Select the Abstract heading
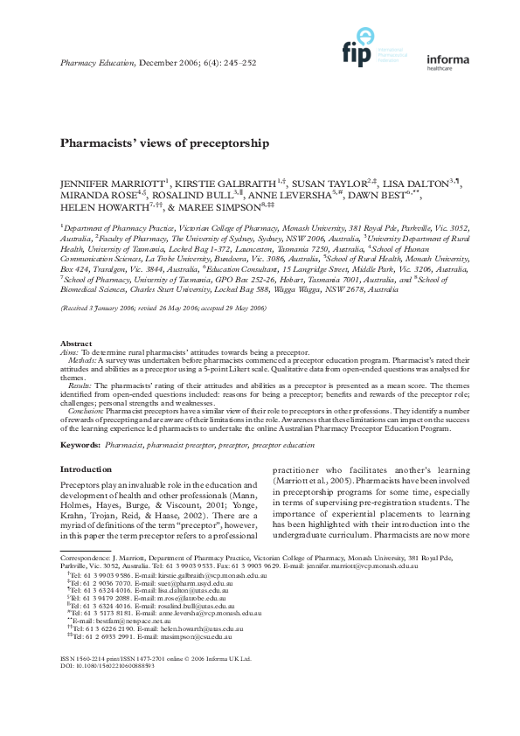pyautogui.click(x=75, y=367)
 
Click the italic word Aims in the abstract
pyautogui.click(x=68, y=375)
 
